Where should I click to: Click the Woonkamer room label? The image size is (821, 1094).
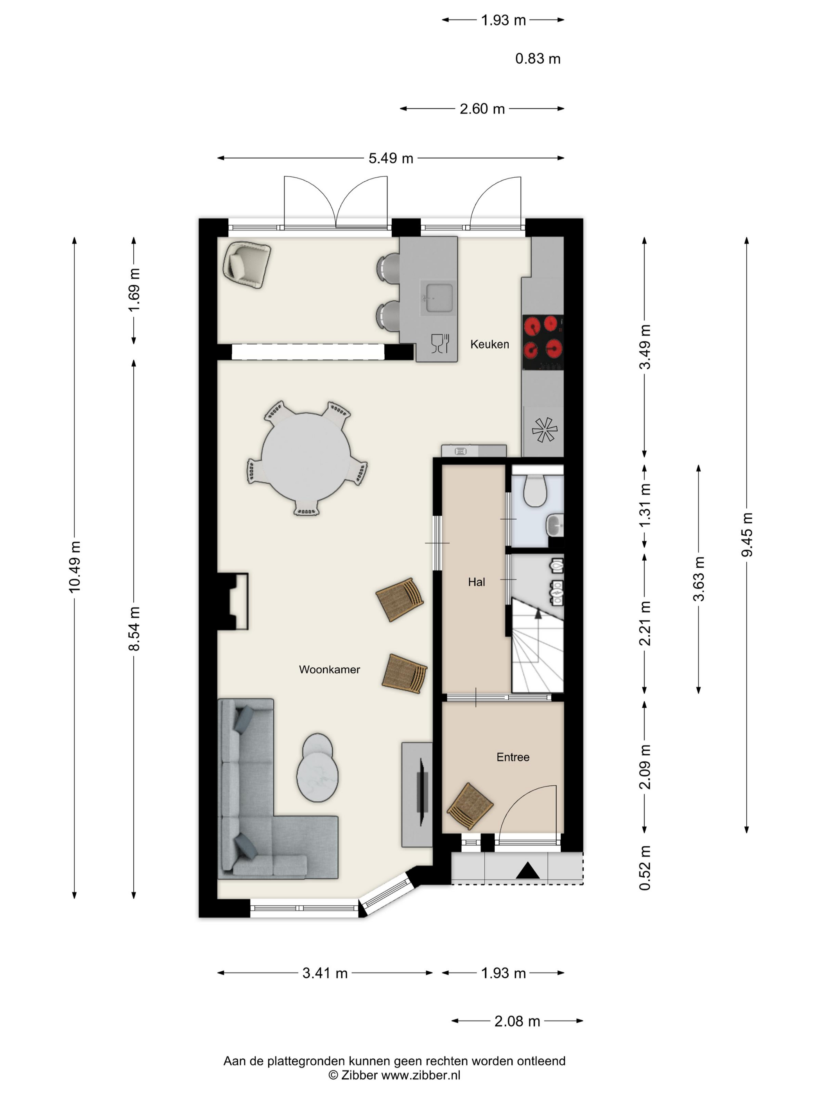[x=329, y=670]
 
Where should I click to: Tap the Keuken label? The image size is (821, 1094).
[x=489, y=344]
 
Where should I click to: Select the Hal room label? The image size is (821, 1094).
[x=476, y=582]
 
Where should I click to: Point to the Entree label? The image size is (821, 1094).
[x=513, y=757]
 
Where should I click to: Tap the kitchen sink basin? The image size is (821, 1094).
[x=436, y=298]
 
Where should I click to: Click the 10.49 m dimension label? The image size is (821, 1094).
[x=75, y=567]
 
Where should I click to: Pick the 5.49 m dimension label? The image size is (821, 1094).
[x=391, y=158]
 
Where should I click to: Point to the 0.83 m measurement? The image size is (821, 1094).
[x=538, y=59]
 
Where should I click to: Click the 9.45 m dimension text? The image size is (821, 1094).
[x=747, y=534]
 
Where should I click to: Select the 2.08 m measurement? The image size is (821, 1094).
[x=517, y=1021]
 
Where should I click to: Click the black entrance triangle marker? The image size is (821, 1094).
[x=527, y=870]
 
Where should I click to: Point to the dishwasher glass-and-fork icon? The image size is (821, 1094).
[x=440, y=343]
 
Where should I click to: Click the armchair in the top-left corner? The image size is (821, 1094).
[x=246, y=264]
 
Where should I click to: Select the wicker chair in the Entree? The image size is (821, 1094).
[x=470, y=806]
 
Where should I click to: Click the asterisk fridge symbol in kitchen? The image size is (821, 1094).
[x=544, y=429]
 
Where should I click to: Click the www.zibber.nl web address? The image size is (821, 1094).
[x=421, y=1075]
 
